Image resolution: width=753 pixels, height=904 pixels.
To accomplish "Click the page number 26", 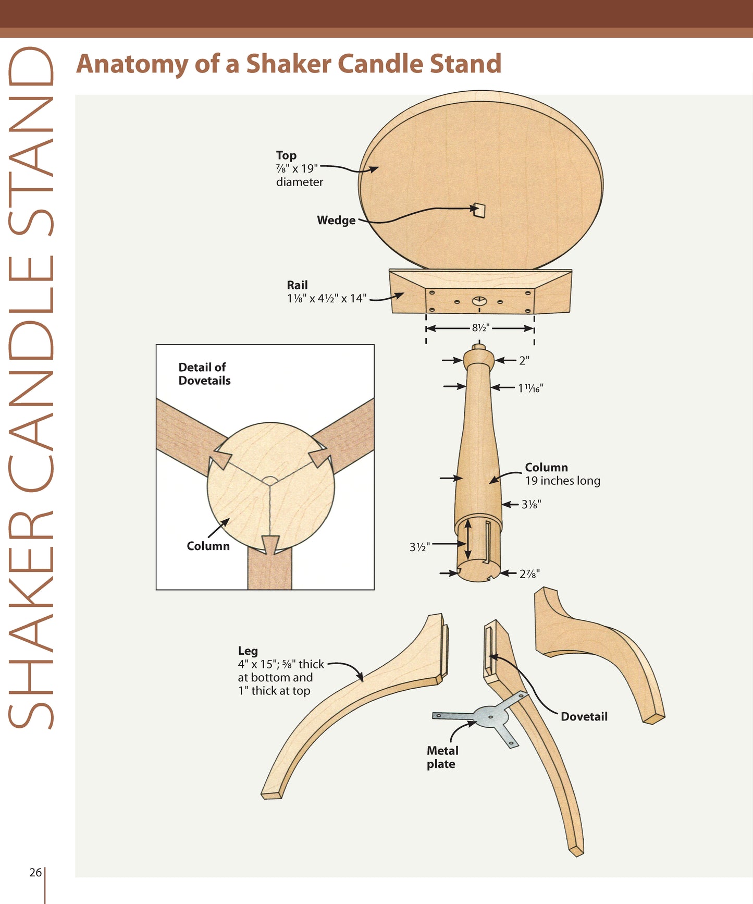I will point(35,872).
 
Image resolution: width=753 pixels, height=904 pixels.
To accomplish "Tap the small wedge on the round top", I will point(479,210).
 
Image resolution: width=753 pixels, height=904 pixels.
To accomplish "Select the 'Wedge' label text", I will point(336,221).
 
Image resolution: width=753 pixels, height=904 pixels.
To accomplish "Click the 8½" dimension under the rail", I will point(480,328).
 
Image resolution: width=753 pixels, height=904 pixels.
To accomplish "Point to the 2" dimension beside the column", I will point(524,360).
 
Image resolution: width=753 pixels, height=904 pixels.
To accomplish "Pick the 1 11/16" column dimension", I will point(530,388).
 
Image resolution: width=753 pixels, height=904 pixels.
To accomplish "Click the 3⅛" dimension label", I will point(531,504).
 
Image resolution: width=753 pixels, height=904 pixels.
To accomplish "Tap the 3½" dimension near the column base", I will point(419,547).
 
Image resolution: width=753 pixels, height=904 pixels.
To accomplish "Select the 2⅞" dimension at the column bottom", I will point(529,573).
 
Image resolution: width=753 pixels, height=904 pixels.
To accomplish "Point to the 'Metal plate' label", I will point(442,757).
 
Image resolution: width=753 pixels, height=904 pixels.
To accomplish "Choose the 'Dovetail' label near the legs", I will point(584,717).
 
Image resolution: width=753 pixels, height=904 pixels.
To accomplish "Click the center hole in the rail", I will point(479,301).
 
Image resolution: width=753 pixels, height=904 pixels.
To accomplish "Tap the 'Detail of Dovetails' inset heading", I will point(204,374).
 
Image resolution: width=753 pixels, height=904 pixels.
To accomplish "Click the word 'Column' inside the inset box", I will point(208,546).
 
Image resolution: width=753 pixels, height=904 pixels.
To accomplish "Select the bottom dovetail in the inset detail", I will point(270,545).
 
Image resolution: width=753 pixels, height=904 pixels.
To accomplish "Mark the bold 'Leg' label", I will point(248,651).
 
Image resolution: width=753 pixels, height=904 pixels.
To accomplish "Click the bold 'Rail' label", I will point(297,285).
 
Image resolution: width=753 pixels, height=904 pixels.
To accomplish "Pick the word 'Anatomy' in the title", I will point(132,64).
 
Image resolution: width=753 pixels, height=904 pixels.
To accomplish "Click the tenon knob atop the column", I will point(478,347).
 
